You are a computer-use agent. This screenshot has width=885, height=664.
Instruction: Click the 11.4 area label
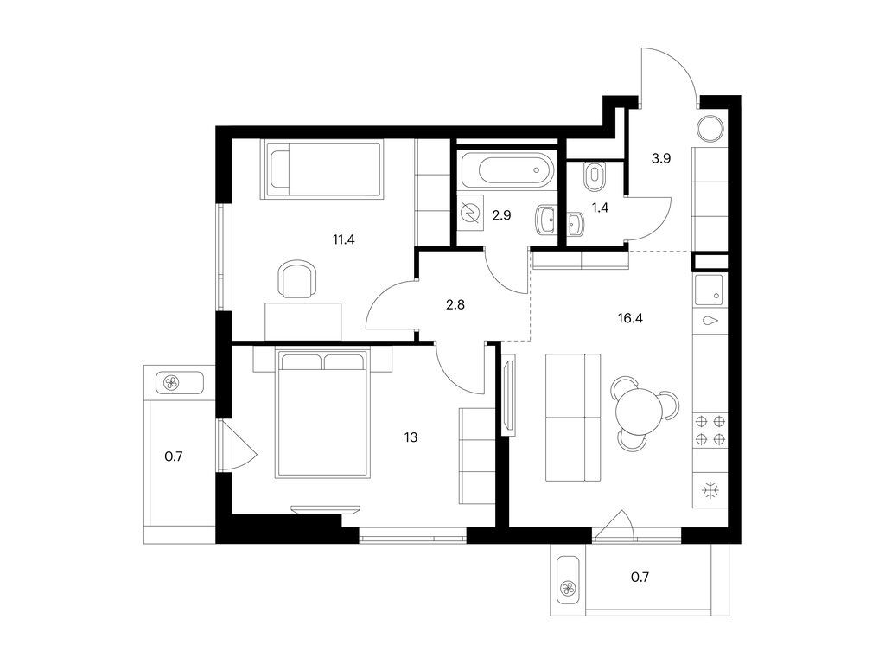click(343, 239)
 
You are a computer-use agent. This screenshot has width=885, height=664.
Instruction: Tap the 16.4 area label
click(630, 318)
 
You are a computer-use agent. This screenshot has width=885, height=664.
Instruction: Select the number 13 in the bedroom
click(411, 437)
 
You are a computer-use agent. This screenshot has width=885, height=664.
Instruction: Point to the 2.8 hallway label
click(455, 305)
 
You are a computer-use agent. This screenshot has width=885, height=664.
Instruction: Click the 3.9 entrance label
click(661, 159)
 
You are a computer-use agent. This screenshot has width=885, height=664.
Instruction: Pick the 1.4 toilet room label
click(600, 207)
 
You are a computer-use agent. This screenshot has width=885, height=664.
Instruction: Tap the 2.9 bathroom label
click(501, 215)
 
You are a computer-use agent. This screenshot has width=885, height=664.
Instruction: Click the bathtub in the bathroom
click(506, 170)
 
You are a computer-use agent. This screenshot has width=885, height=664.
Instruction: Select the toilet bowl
click(595, 176)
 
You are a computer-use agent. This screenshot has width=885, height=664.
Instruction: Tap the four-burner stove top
click(710, 430)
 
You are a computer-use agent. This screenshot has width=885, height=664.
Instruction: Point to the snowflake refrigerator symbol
click(710, 490)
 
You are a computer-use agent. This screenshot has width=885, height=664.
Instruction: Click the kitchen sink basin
click(709, 290)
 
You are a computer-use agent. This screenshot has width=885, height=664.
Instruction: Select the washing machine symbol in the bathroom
click(470, 213)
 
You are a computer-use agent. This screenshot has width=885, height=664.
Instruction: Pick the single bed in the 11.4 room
click(322, 169)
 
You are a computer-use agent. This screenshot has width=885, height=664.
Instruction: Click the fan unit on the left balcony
click(170, 383)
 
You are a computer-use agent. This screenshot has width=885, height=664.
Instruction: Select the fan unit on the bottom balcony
click(568, 590)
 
